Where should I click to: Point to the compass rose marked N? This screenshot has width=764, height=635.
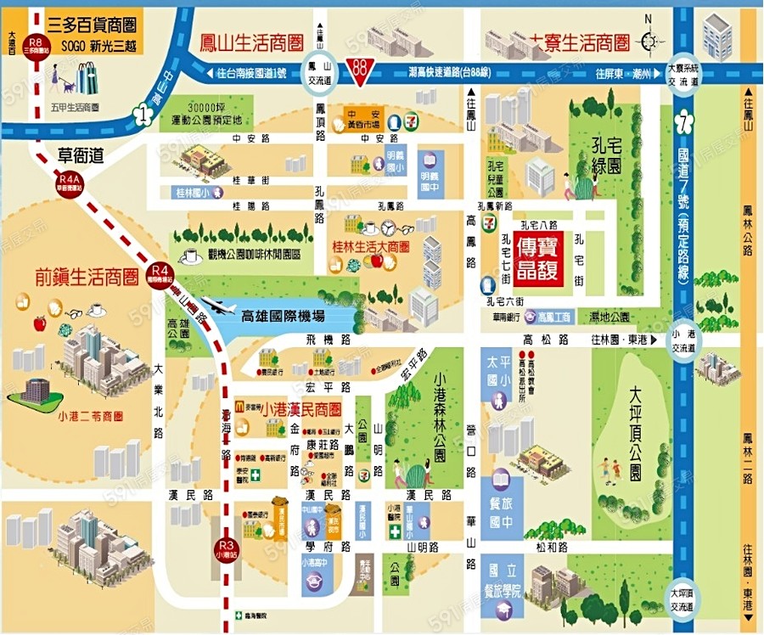649,41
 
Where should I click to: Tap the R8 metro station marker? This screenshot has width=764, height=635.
35,44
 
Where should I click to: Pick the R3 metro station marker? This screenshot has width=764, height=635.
225,546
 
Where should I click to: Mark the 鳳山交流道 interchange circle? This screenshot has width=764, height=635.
320,75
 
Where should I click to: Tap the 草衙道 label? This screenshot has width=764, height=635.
80,155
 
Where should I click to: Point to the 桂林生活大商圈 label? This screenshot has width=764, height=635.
370,247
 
